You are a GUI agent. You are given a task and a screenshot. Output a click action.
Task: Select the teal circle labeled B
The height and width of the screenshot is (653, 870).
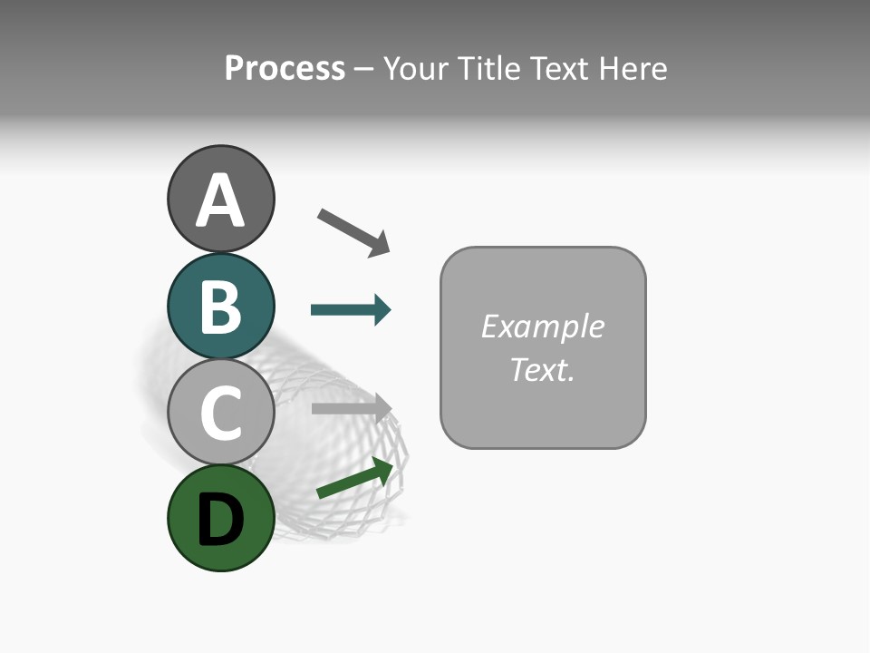220,306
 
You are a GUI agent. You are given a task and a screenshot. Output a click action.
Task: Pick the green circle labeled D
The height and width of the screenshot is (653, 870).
220,518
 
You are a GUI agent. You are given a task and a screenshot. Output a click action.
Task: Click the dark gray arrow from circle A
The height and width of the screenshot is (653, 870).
353,231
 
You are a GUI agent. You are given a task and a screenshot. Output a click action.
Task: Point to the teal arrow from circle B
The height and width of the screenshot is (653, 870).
350,310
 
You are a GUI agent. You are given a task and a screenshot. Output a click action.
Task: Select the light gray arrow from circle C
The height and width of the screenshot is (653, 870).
350,408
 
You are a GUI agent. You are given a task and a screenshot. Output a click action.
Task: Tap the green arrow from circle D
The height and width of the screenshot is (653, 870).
354,478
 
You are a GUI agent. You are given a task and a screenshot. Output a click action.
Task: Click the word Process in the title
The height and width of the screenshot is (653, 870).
285,69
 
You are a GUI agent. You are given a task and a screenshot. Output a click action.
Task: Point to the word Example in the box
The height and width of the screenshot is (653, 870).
542,326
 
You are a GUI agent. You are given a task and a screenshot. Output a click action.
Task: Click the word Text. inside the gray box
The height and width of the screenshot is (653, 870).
542,369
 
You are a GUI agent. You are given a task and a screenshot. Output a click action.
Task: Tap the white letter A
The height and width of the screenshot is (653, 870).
220,201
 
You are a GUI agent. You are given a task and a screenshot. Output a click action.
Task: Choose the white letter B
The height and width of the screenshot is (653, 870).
220,307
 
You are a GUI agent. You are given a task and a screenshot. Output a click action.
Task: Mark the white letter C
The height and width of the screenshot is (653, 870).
220,413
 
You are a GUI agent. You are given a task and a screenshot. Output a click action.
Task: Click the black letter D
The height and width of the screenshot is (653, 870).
220,520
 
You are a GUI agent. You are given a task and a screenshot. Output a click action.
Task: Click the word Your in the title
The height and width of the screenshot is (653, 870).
415,69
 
